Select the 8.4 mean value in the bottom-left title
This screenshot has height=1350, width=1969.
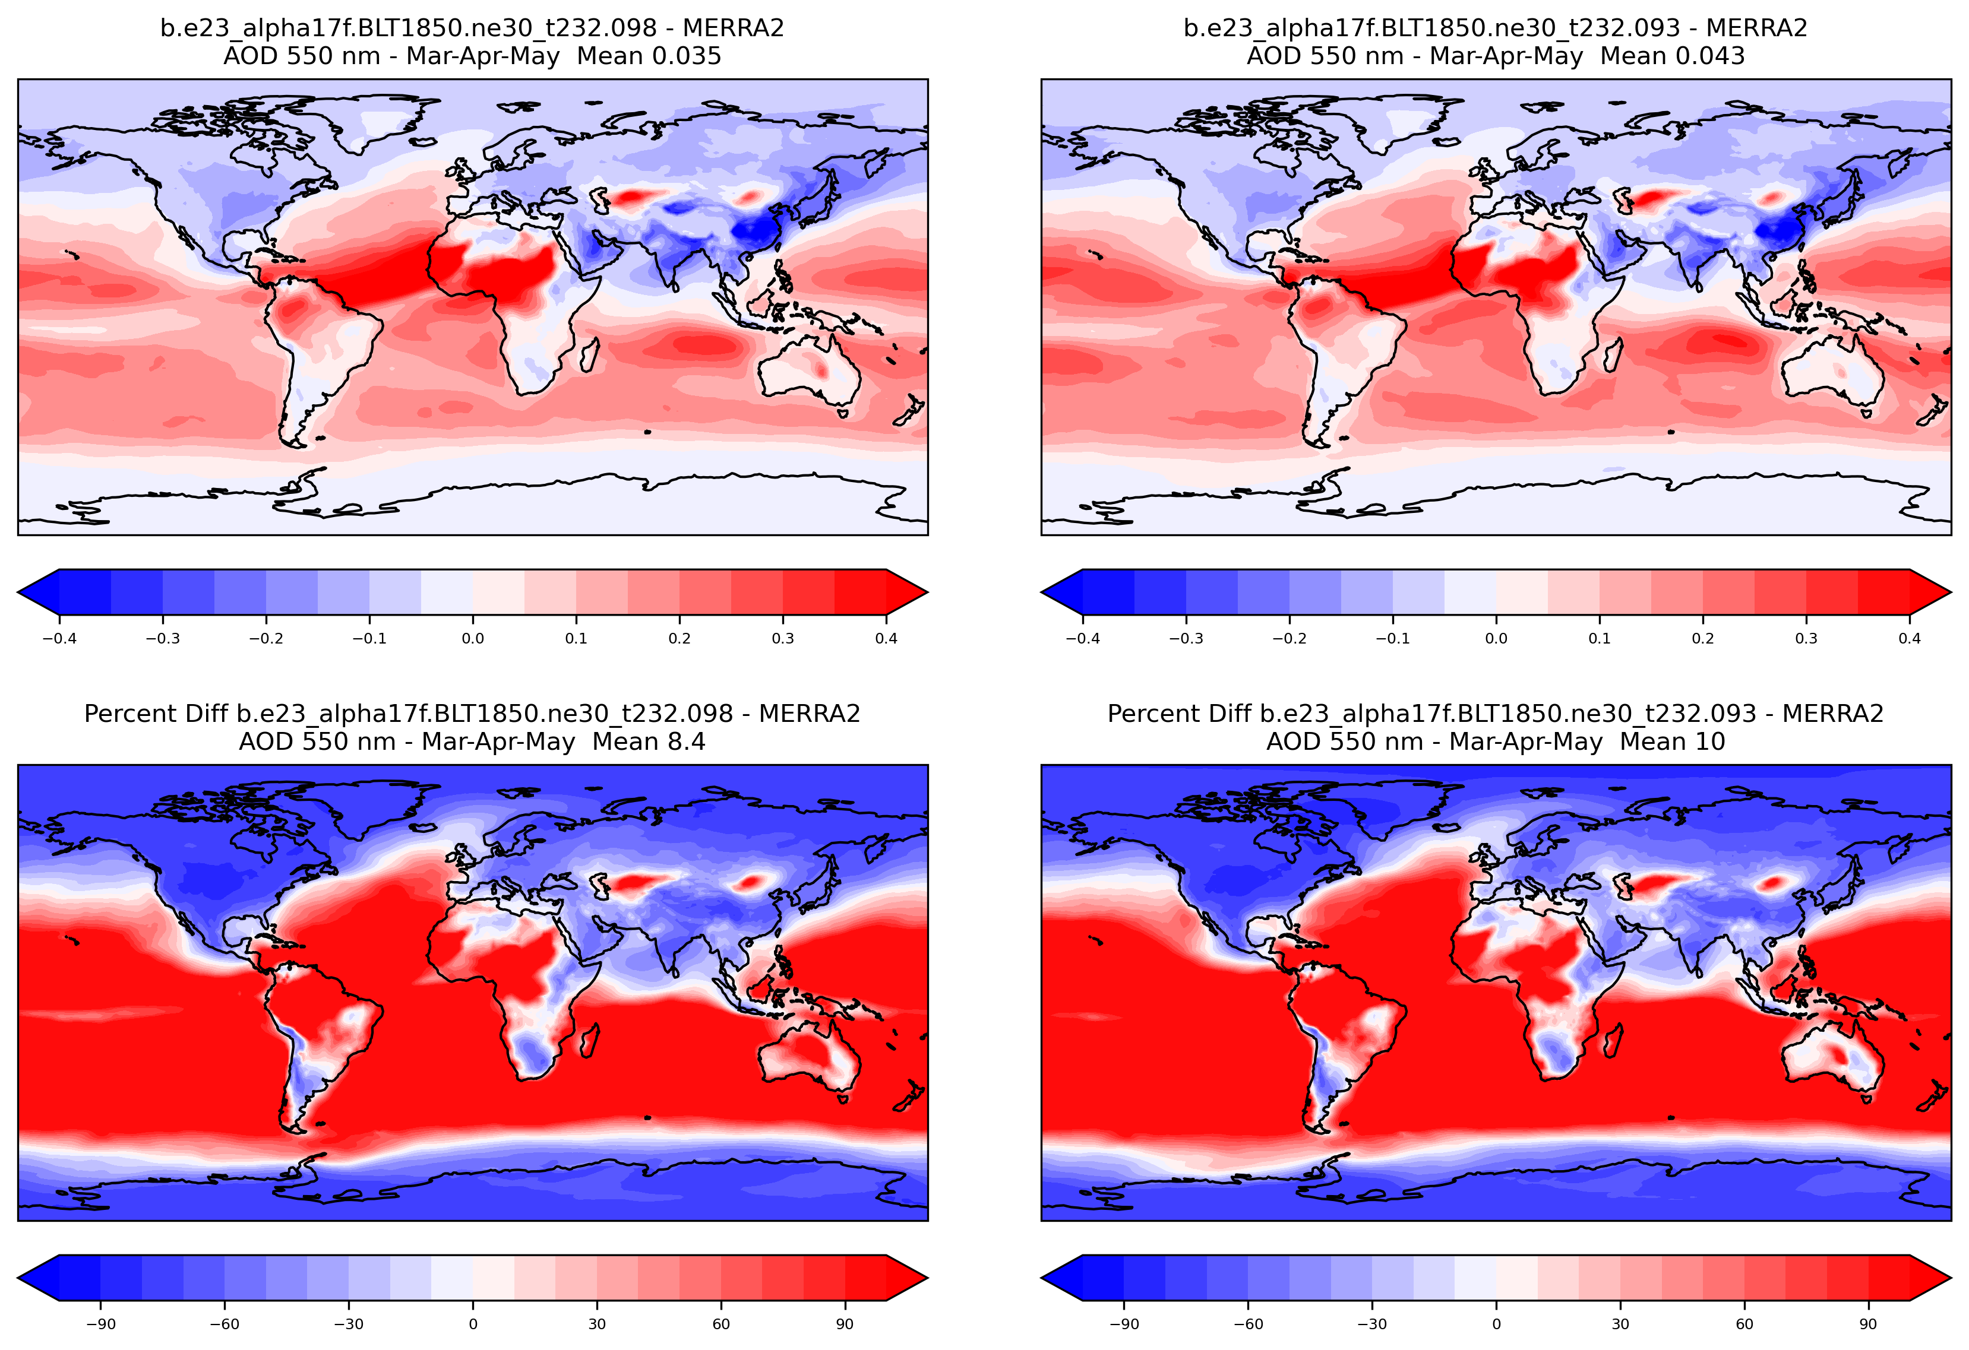(x=685, y=742)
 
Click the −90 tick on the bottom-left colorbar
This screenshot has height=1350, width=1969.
(x=101, y=1324)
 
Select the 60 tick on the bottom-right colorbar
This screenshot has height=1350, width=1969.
(x=1744, y=1324)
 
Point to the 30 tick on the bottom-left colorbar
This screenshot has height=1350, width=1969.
(x=598, y=1324)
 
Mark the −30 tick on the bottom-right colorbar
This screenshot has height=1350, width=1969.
(x=1373, y=1324)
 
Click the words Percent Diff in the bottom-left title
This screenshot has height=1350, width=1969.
(x=157, y=714)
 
